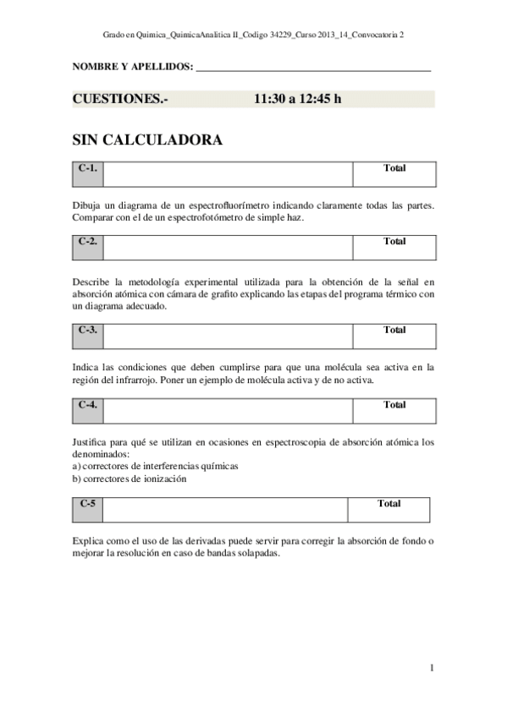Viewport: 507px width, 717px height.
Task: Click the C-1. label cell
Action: pos(87,174)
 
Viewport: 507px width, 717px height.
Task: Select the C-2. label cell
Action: pos(87,247)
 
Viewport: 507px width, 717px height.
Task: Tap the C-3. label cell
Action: pos(87,336)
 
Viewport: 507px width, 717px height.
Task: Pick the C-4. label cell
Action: pos(87,410)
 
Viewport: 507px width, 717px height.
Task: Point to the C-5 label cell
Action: pos(87,509)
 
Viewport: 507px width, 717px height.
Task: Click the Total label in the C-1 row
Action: pos(394,168)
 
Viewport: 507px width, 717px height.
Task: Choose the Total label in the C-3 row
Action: pos(394,331)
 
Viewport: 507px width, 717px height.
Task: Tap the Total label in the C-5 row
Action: pos(389,504)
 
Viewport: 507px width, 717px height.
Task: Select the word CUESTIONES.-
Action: pos(120,99)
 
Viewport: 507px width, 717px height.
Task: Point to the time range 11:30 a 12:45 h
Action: pos(297,99)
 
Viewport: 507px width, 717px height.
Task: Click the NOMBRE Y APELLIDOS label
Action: pos(133,66)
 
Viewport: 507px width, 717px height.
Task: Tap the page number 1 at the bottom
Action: pos(432,668)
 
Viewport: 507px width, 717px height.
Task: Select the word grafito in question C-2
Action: pos(240,294)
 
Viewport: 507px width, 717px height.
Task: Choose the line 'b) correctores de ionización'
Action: pos(130,479)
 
